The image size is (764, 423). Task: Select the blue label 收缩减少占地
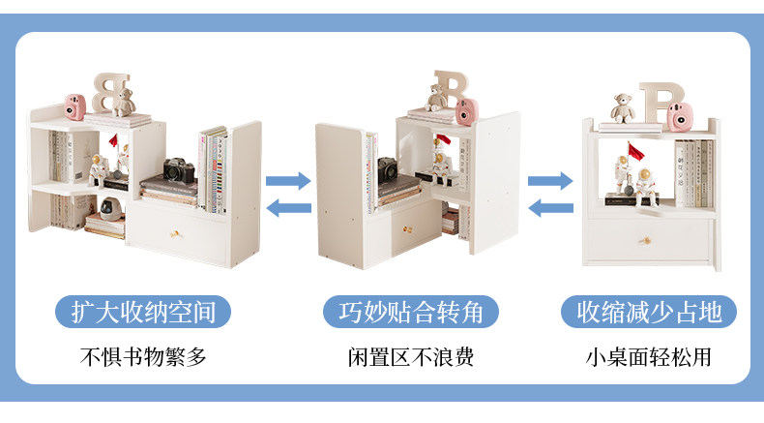649,312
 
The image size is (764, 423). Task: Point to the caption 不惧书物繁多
142,356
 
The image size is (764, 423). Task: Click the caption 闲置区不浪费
411,356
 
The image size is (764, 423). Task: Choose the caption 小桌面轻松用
648,356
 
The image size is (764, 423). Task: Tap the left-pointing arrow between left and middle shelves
288,205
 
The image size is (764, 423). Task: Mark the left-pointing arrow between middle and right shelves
549,205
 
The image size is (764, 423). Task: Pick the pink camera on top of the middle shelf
467,111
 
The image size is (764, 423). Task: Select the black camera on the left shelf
178,171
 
